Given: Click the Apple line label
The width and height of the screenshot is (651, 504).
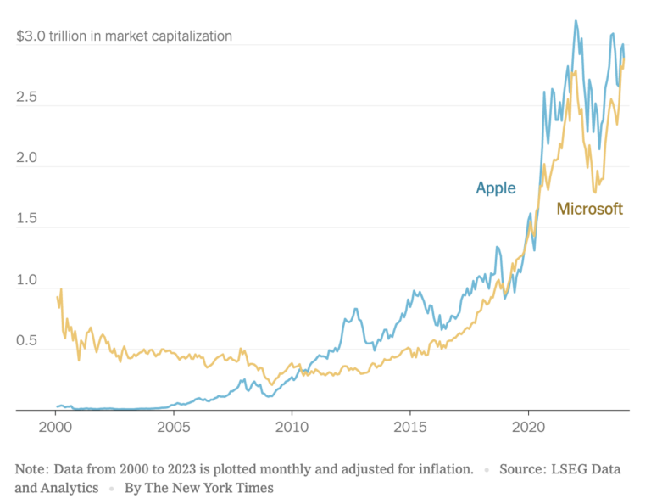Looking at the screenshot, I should point(496,188).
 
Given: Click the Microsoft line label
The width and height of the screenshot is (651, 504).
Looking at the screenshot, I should point(589,208).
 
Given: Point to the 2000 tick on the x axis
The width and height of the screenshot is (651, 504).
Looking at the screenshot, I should point(55,425).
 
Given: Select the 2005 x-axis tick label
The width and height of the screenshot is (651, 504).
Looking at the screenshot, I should point(174,425).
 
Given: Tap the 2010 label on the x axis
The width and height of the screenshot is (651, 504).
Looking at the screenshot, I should point(292,425).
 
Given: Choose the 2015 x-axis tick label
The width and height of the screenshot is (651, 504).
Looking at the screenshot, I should point(410,425).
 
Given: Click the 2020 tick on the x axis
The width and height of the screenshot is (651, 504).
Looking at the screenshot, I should point(529,425).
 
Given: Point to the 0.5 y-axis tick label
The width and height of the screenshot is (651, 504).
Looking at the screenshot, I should point(27,341).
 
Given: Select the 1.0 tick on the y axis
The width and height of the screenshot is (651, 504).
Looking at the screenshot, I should point(27,280).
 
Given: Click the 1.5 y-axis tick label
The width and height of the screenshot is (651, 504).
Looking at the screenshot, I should point(27,219).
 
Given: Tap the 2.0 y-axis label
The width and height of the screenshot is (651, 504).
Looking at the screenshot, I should point(27,158).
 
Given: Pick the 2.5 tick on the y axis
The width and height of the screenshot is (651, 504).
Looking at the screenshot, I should point(27,97).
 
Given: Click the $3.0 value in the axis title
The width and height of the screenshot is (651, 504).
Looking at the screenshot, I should point(31,36).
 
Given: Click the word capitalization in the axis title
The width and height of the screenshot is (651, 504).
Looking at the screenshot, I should point(191,36).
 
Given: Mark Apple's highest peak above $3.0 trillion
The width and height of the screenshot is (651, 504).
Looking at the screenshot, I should point(576,20).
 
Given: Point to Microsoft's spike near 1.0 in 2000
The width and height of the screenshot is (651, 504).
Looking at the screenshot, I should point(61,290).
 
